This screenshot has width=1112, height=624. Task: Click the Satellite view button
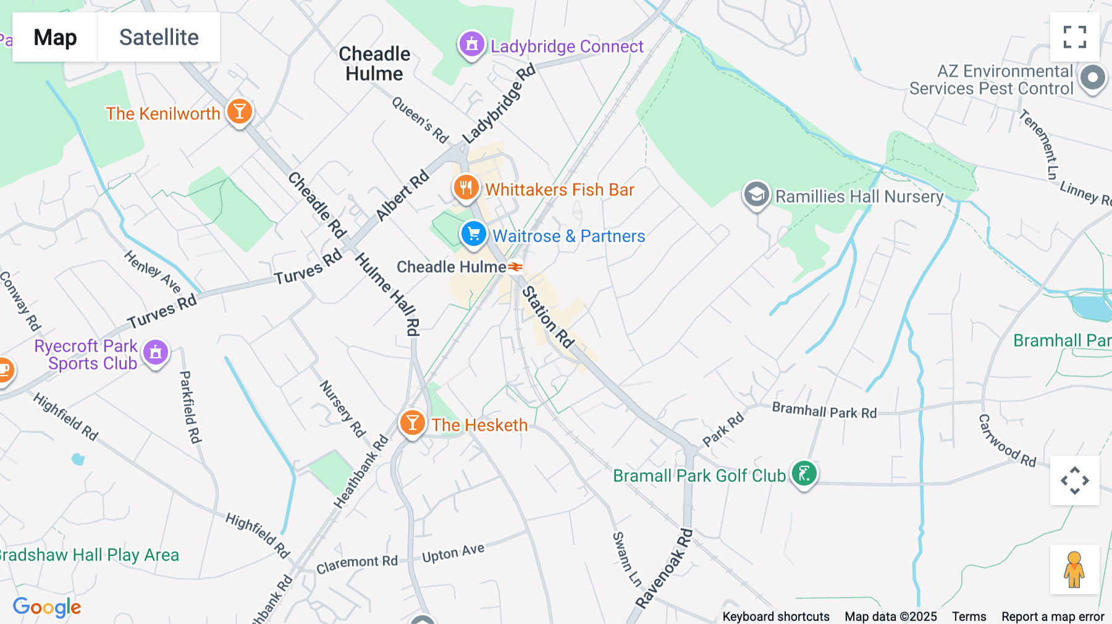tap(159, 37)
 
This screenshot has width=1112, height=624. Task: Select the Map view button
tap(55, 37)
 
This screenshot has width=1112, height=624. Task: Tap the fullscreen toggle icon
tap(1074, 37)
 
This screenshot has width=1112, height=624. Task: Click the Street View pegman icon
tap(1074, 569)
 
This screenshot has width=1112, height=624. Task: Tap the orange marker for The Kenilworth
tap(239, 112)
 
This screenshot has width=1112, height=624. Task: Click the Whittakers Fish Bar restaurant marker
tap(466, 187)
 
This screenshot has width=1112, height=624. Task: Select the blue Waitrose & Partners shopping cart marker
tap(474, 235)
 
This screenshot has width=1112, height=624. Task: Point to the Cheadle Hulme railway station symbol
tap(515, 267)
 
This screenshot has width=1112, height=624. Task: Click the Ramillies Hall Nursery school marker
tap(756, 195)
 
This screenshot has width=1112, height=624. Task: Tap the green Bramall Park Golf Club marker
tap(804, 474)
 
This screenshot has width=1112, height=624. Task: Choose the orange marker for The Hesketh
tap(412, 423)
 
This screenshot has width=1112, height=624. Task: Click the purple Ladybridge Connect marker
tap(472, 45)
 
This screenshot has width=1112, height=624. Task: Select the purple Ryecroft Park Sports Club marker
tap(156, 353)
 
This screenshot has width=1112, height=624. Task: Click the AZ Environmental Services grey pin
tap(1092, 78)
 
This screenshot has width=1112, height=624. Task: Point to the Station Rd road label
tap(548, 317)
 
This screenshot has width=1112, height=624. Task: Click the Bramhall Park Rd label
tap(824, 411)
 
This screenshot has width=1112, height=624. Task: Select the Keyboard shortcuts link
tap(776, 616)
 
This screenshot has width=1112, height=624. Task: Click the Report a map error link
tap(1053, 616)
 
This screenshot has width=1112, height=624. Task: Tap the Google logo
tap(47, 607)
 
